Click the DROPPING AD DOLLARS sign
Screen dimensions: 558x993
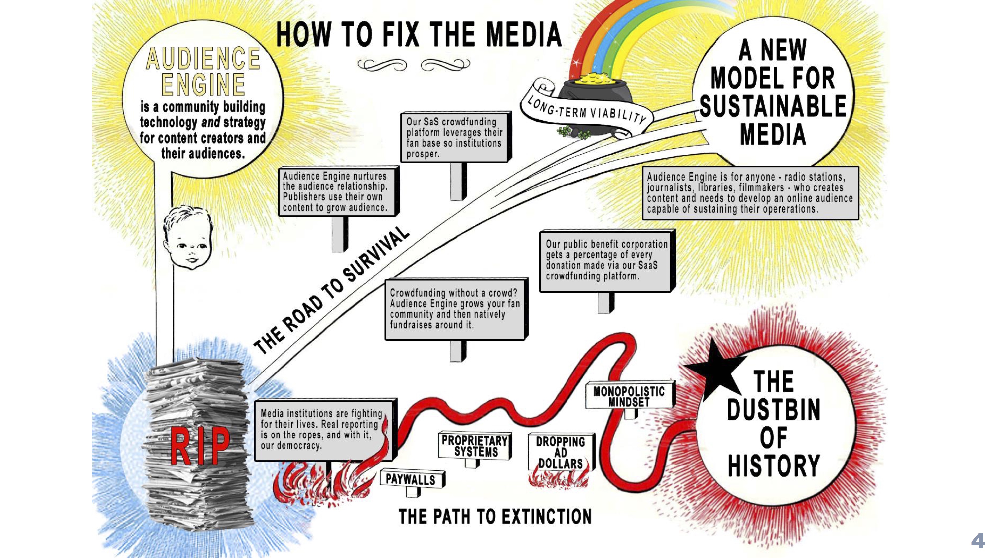tap(561, 453)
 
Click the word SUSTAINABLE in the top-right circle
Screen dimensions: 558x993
tap(773, 106)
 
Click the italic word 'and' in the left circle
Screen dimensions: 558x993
tap(211, 123)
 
